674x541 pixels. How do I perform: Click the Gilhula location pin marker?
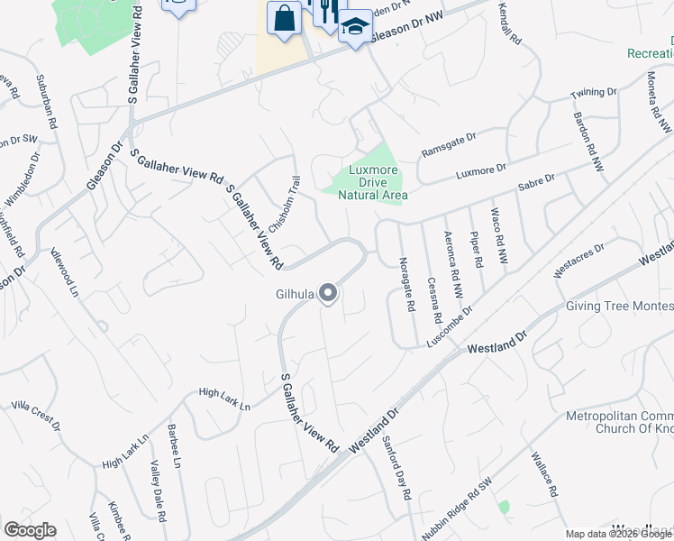[328, 293]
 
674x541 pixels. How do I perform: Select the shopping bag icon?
[284, 19]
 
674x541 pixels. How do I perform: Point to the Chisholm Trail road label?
[284, 202]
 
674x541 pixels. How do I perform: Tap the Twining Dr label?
[594, 93]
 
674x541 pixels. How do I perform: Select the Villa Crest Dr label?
[36, 416]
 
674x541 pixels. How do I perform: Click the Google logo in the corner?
[30, 530]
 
